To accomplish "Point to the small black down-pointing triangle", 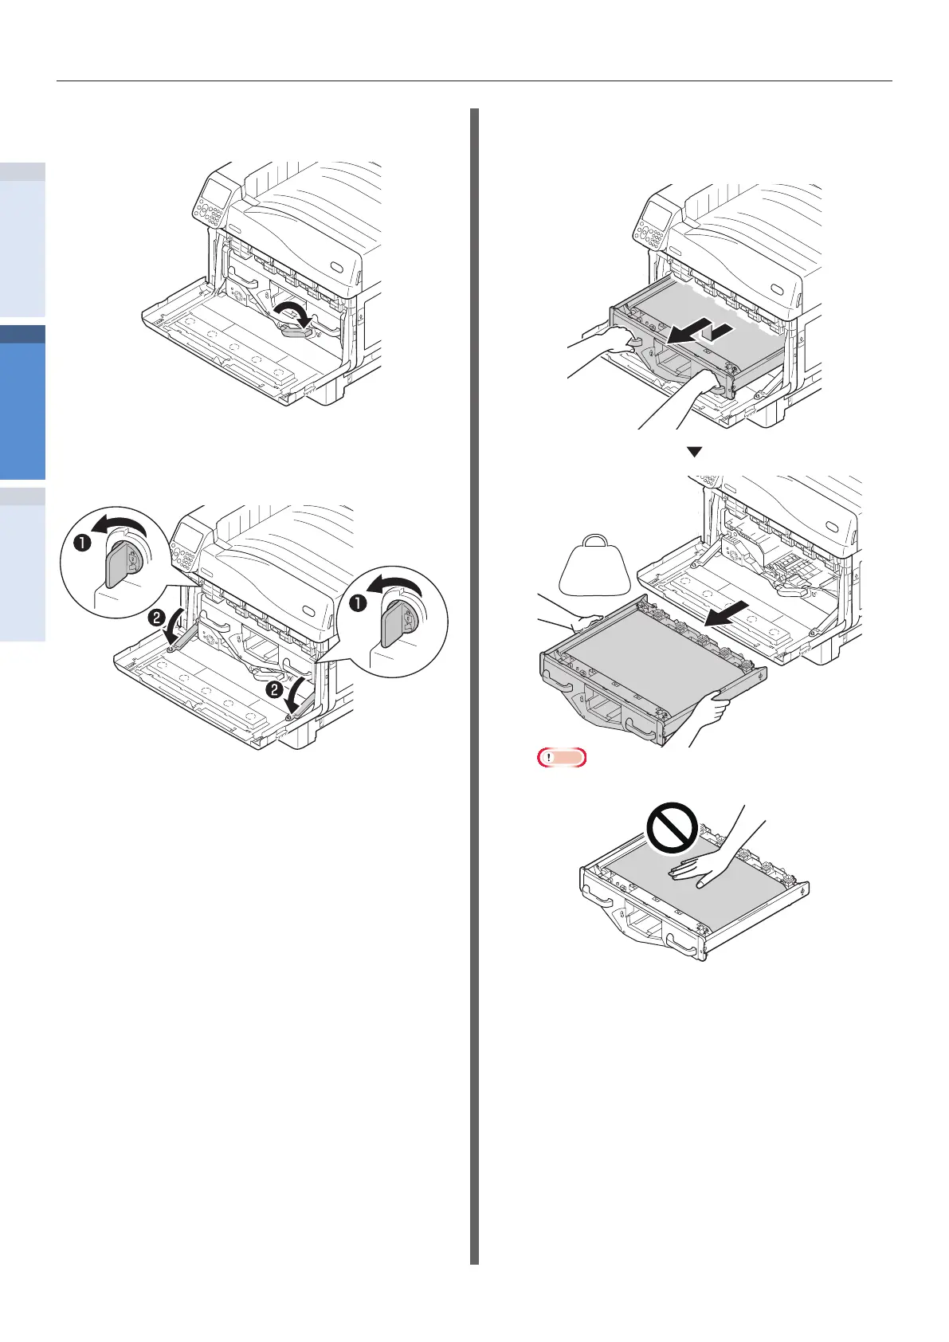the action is tap(694, 452).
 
